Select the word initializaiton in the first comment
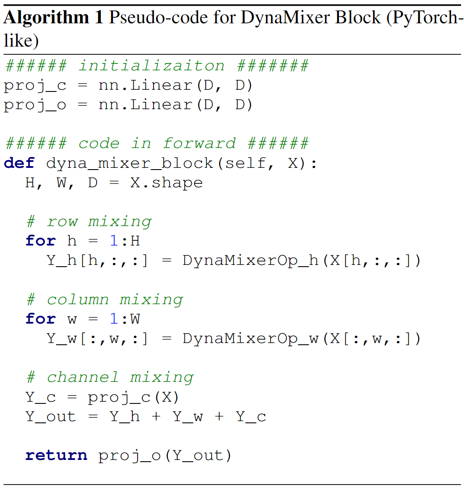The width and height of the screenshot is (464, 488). pos(151,66)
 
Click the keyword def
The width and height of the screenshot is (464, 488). pos(19,163)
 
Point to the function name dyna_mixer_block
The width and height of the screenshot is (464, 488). pos(130,163)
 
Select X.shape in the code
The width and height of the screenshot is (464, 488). pos(166,183)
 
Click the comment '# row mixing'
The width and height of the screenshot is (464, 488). pos(89,221)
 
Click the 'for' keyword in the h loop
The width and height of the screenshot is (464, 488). pos(41,241)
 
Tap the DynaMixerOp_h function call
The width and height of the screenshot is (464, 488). pos(251,261)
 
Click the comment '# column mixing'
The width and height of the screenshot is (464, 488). pos(105,299)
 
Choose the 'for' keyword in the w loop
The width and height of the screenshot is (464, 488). pos(41,319)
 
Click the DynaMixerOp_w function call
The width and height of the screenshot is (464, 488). pos(251,339)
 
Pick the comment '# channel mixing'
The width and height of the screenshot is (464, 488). pos(110,377)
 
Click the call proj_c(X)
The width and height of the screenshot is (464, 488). pos(133,397)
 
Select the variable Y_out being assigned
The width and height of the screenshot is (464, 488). pos(51,416)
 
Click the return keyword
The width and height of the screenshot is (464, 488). pos(56,456)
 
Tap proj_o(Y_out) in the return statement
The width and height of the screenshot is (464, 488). pos(165,456)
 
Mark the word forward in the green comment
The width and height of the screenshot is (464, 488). pos(199,143)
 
